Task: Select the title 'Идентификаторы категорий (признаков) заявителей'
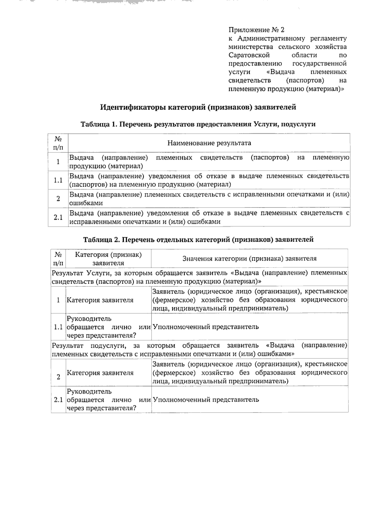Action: click(x=198, y=107)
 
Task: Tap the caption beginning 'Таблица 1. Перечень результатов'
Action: click(x=198, y=124)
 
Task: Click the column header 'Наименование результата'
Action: click(x=209, y=143)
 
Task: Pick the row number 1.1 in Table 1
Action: click(x=58, y=180)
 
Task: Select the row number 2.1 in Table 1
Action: click(x=58, y=217)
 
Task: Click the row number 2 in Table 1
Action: click(x=58, y=199)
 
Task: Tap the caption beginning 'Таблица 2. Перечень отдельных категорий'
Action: click(x=198, y=240)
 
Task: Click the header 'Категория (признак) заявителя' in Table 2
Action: click(x=108, y=259)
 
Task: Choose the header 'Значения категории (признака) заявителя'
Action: click(x=249, y=259)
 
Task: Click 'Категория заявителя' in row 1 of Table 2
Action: click(x=100, y=300)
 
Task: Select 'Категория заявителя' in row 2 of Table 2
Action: click(x=100, y=373)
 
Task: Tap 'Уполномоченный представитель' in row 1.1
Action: click(x=206, y=327)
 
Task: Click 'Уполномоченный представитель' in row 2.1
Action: click(x=206, y=400)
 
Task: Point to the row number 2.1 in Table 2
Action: click(x=58, y=400)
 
